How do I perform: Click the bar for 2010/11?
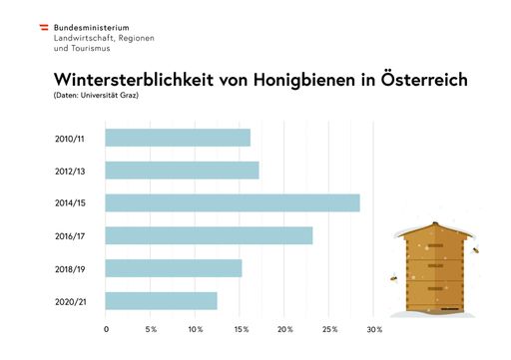(x=178, y=138)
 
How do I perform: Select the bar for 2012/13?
(x=182, y=171)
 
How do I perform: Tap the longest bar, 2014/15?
(x=233, y=203)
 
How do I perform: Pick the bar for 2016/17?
(x=209, y=235)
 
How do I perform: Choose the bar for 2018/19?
(x=174, y=268)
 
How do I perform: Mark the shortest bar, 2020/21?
(x=161, y=300)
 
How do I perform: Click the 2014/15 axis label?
(x=70, y=203)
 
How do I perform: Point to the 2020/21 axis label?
(x=70, y=300)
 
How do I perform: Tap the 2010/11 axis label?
(x=70, y=138)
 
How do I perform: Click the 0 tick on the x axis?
(x=106, y=329)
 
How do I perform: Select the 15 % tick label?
(x=241, y=329)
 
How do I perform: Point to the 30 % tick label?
(x=374, y=329)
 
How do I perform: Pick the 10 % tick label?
(x=196, y=329)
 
